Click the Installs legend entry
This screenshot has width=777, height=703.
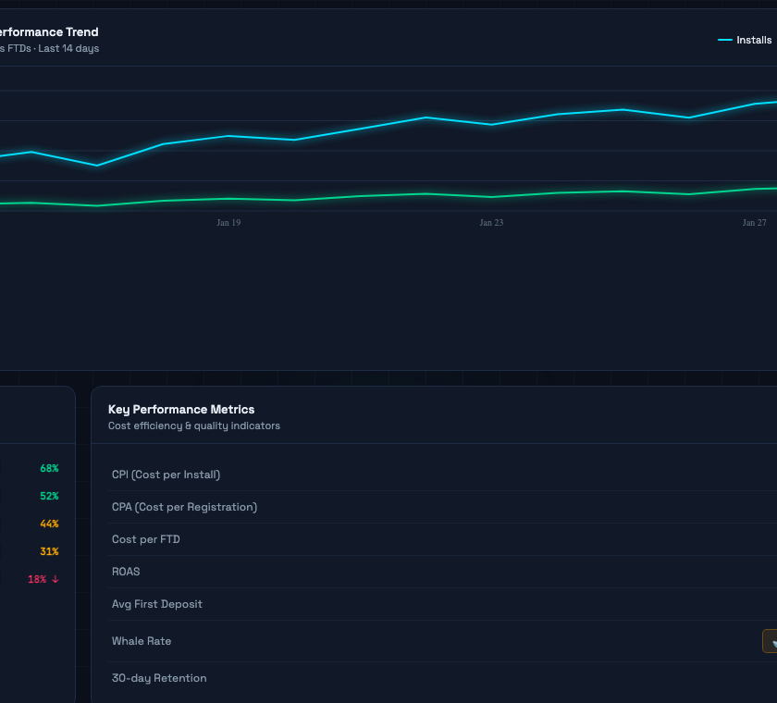coord(746,40)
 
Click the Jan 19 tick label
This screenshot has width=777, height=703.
coord(228,223)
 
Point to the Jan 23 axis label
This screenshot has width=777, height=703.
coord(491,223)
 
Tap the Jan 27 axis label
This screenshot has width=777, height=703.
coord(754,223)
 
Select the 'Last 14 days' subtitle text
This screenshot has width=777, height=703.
coord(68,48)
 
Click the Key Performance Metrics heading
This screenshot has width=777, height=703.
coord(181,409)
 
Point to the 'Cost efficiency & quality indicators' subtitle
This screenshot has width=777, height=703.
coord(194,425)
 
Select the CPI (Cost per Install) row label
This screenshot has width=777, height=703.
coord(166,475)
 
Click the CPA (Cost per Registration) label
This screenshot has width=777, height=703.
coord(184,507)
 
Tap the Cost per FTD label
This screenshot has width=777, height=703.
coord(146,539)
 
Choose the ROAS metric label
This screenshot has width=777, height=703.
coord(126,572)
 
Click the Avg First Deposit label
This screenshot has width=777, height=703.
coord(157,604)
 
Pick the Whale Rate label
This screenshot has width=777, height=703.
coord(142,641)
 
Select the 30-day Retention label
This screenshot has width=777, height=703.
coord(159,678)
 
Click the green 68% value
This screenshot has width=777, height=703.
coord(49,468)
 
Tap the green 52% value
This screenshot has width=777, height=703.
coord(49,496)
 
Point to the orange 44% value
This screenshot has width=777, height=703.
coord(49,524)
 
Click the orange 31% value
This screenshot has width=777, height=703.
coord(49,551)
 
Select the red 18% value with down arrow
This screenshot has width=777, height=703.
coord(43,579)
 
